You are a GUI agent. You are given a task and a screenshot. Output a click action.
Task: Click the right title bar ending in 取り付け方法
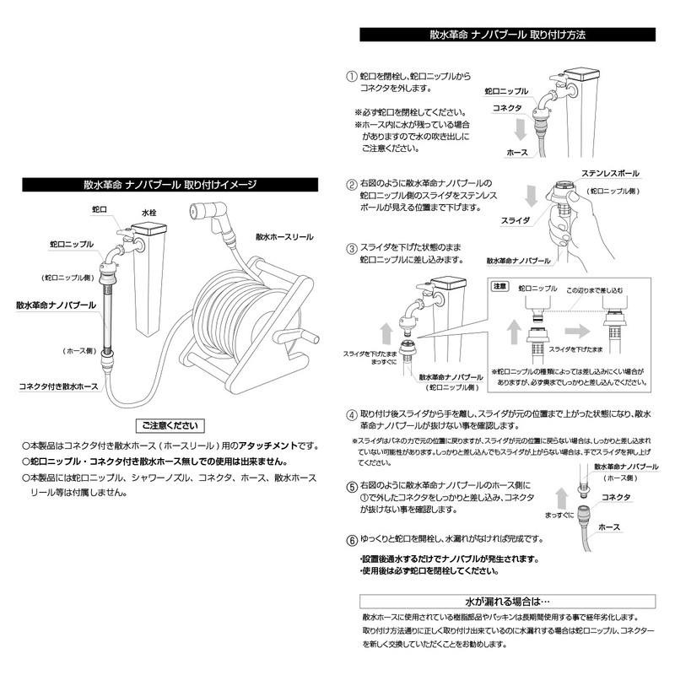[507, 35]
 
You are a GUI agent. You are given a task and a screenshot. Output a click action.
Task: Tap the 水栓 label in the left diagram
[149, 214]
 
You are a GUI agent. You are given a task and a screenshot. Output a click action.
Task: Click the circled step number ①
[352, 75]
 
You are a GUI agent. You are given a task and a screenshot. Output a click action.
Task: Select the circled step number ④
[352, 414]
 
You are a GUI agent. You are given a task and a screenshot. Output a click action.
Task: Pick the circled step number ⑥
[352, 539]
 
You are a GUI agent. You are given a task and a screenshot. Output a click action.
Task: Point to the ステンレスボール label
[610, 173]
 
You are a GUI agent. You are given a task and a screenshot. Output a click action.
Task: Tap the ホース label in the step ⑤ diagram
[608, 526]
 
